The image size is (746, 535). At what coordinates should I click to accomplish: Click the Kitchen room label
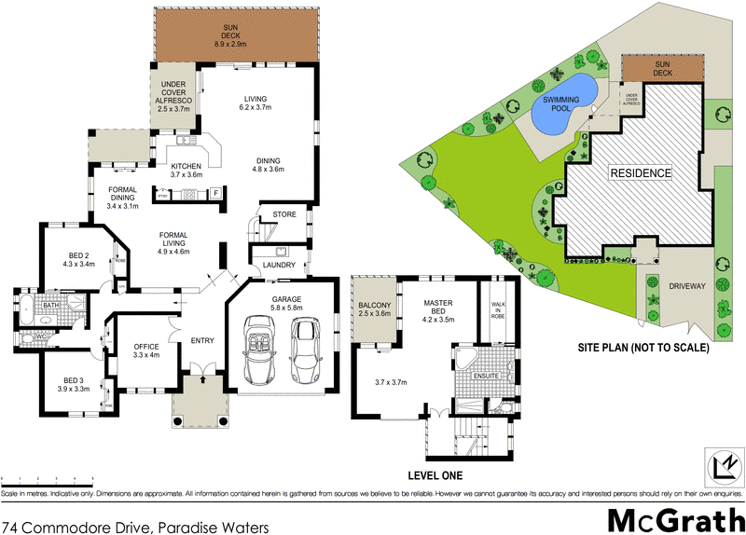click(186, 170)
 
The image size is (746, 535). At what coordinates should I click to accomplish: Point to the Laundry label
click(279, 265)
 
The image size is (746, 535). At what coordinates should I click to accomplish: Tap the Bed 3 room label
click(76, 384)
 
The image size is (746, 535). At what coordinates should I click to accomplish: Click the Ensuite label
click(485, 377)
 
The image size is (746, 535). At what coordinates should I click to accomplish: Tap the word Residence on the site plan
click(641, 173)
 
